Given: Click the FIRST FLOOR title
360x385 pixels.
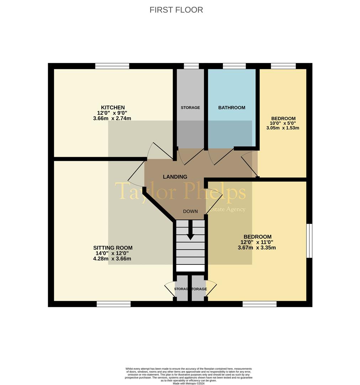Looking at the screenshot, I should (176, 10).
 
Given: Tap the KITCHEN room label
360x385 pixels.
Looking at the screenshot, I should (113, 108).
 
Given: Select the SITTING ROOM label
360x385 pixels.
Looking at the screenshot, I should (113, 248).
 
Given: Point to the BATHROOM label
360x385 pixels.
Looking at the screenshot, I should (231, 108).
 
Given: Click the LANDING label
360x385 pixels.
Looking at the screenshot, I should (175, 177).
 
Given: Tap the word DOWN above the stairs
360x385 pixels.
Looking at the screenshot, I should (190, 211).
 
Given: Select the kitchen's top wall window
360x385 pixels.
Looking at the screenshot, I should (112, 66).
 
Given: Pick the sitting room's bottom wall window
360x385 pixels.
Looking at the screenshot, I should (114, 304).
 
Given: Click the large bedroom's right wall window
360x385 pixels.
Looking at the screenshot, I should (309, 241).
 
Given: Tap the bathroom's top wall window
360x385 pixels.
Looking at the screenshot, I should (234, 66).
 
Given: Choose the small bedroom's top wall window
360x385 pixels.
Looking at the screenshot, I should (283, 66).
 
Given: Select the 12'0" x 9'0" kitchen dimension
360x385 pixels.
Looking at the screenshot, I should (113, 113).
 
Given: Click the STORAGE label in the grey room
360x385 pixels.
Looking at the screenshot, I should (190, 108).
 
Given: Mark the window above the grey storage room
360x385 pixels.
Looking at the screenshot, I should (191, 66).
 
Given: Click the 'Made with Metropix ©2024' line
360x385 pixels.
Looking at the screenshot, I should (188, 383).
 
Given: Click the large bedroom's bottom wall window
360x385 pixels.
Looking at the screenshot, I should (260, 304).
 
